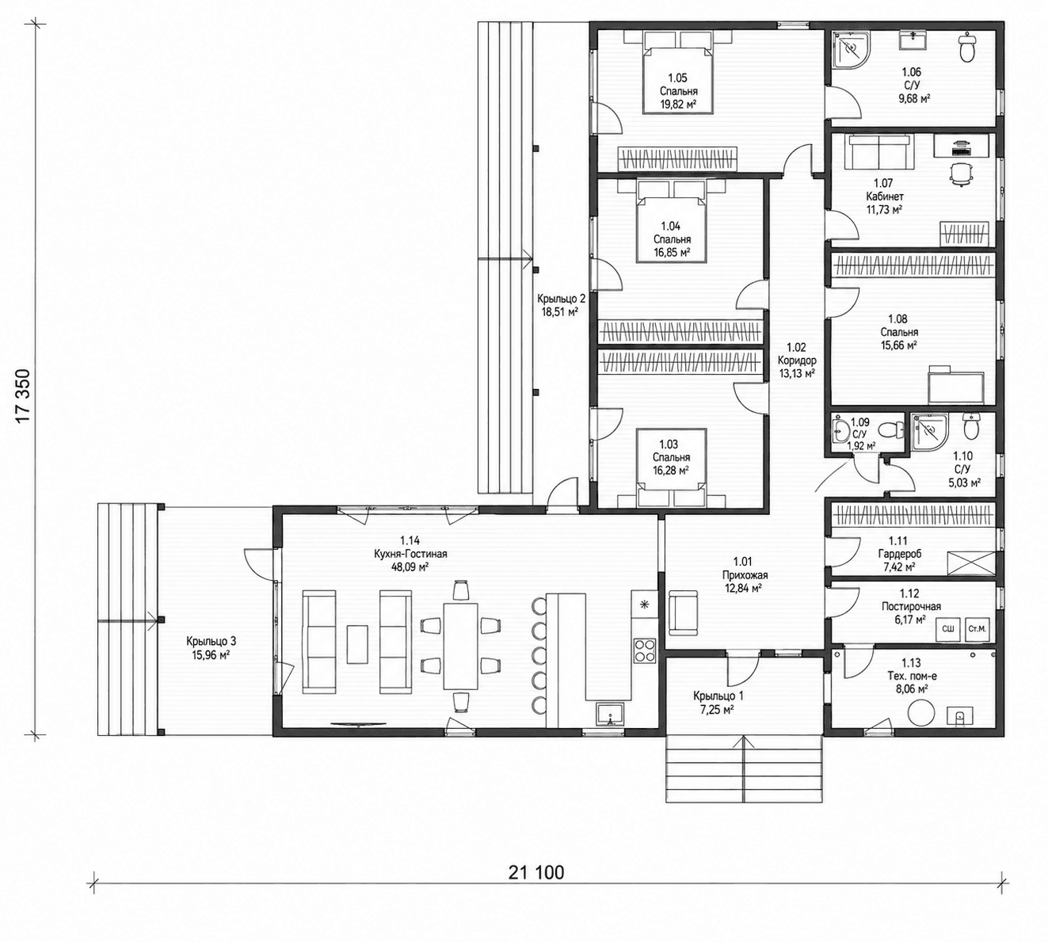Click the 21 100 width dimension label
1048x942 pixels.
(536, 872)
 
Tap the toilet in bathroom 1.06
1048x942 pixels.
(968, 48)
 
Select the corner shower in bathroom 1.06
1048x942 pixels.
(851, 50)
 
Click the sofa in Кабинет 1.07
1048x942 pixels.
(880, 151)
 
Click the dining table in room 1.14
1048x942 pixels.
(460, 645)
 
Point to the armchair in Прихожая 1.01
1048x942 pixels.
(683, 613)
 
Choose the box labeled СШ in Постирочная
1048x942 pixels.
(947, 629)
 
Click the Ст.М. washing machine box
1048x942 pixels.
(977, 629)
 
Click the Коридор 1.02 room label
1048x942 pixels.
(797, 360)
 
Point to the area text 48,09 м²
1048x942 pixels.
(410, 567)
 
